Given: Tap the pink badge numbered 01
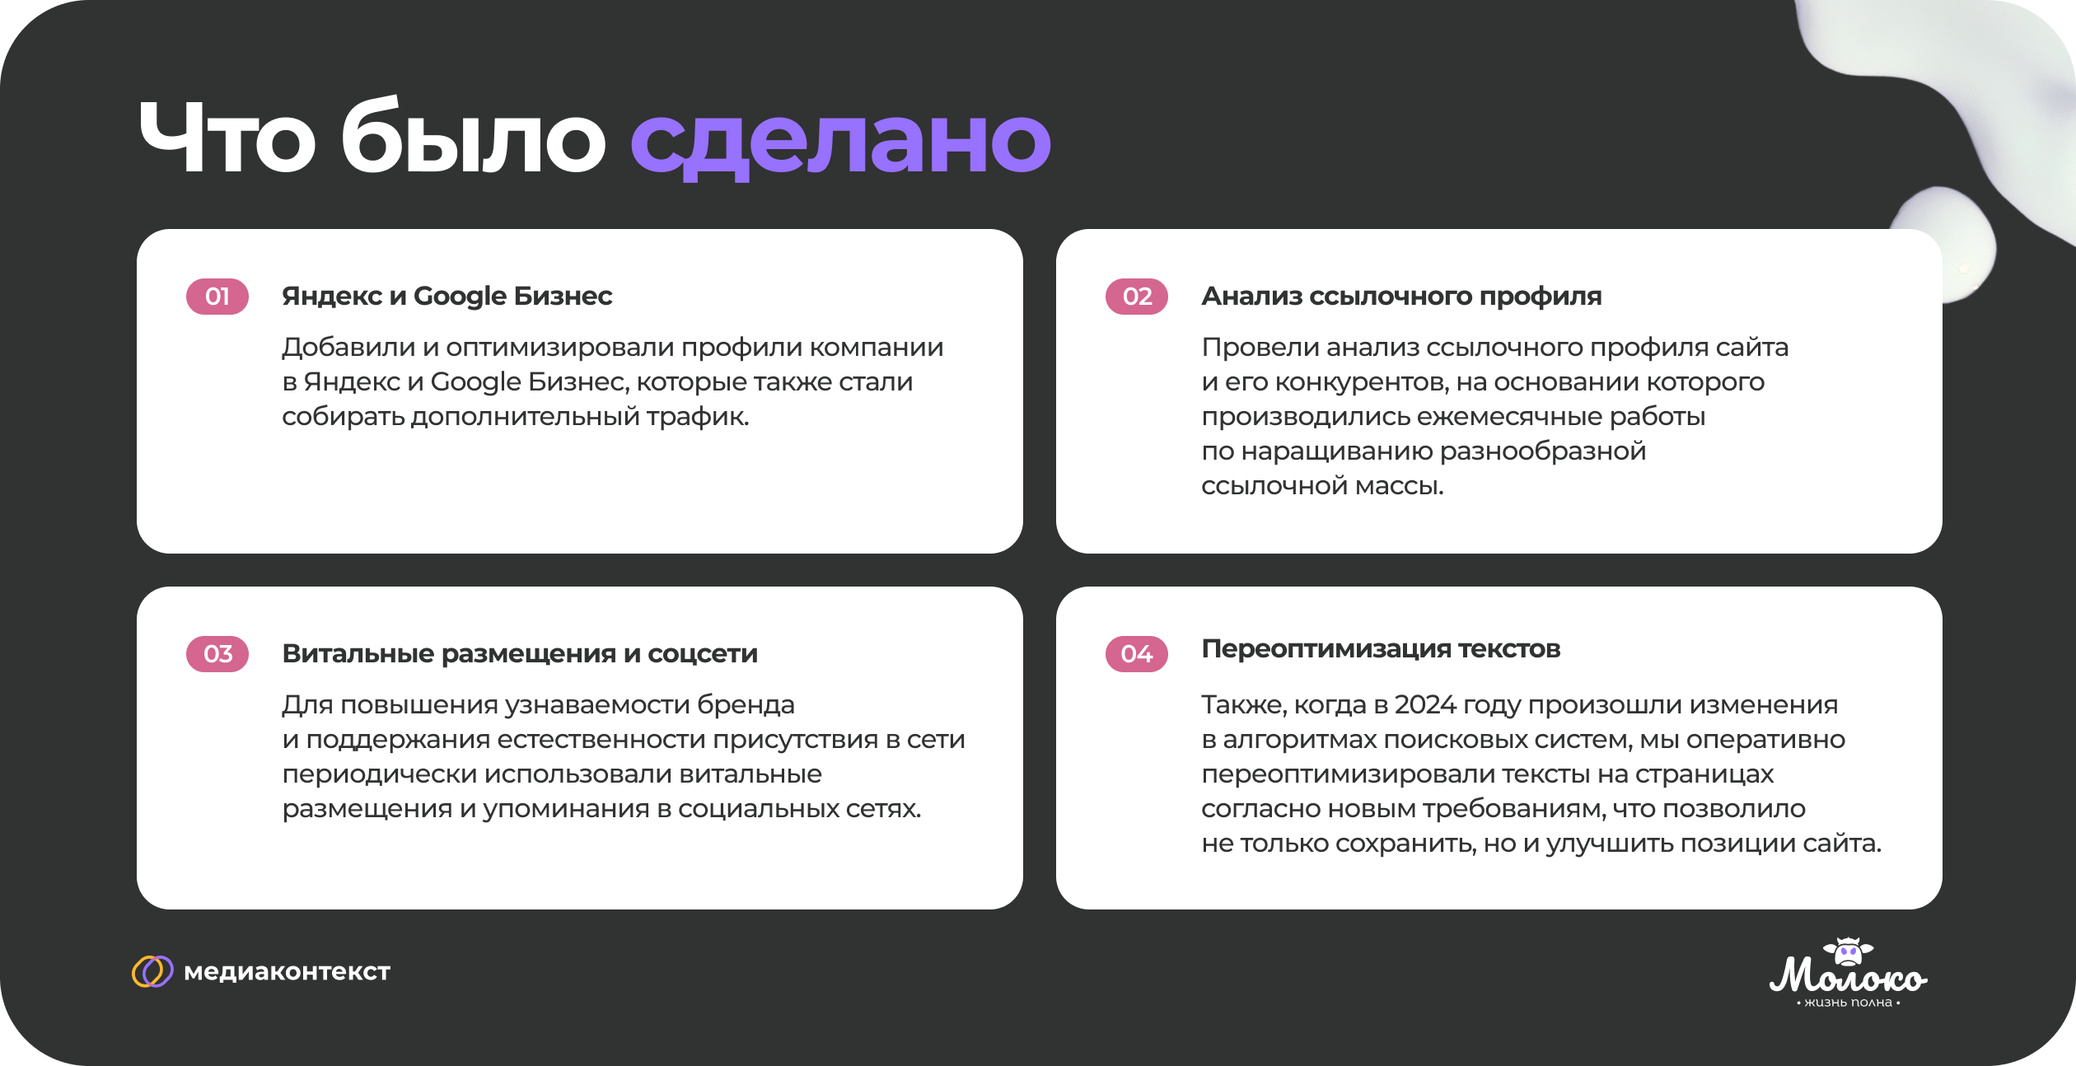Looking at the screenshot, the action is pyautogui.click(x=217, y=297).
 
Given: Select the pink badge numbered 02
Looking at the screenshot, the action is pyautogui.click(x=1137, y=297).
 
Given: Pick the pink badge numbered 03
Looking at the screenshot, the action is pyautogui.click(x=217, y=654).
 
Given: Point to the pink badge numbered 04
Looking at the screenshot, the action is pyautogui.click(x=1137, y=654).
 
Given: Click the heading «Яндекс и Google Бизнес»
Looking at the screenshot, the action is pyautogui.click(x=447, y=297).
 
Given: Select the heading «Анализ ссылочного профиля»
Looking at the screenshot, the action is pyautogui.click(x=1401, y=297).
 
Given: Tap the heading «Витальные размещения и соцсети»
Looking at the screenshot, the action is pyautogui.click(x=520, y=654).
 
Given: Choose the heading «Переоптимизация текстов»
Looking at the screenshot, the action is pyautogui.click(x=1381, y=649).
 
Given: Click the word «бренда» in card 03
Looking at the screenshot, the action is pyautogui.click(x=746, y=705).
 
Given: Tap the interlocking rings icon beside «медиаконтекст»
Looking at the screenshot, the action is pyautogui.click(x=152, y=971).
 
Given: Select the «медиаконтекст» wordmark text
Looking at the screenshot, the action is pyautogui.click(x=287, y=972).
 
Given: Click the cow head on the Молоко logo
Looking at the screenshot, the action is pyautogui.click(x=1849, y=952).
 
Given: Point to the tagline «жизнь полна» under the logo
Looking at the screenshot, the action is pyautogui.click(x=1849, y=1003).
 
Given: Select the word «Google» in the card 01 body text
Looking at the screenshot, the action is pyautogui.click(x=476, y=383).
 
